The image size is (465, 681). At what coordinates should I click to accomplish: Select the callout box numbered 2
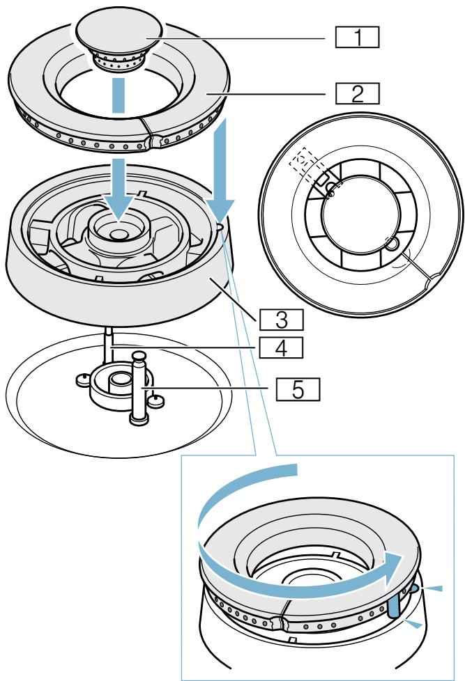pos(356,93)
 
